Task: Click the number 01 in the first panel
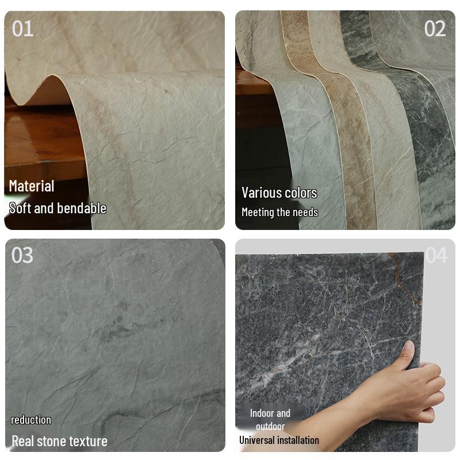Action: [x=23, y=28]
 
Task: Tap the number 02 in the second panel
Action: [x=435, y=28]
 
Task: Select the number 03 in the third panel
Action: [x=22, y=255]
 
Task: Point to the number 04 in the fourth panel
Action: [x=436, y=255]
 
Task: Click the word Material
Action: [x=32, y=186]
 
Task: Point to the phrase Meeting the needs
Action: [x=279, y=212]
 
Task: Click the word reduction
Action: [x=31, y=420]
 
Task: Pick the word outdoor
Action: [x=270, y=426]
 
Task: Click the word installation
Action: [x=298, y=440]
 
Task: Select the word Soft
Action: [x=20, y=208]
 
